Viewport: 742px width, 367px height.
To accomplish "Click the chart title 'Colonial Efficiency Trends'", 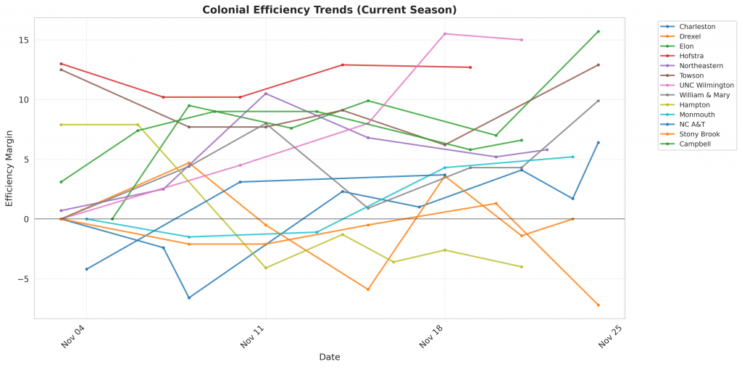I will coord(330,10).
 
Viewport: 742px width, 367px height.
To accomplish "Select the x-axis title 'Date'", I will coord(330,357).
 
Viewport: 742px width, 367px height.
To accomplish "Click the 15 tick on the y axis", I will coord(24,40).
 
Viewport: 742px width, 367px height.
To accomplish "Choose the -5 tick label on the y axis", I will coord(22,279).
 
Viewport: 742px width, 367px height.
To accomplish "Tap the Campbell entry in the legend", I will coord(693,144).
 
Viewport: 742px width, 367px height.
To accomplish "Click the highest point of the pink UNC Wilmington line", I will coord(445,33).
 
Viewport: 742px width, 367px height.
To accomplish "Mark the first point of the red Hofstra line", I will coord(61,64).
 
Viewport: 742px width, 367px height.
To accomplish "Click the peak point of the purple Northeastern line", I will coord(266,94).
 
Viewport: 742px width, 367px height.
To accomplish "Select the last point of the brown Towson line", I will coord(599,65).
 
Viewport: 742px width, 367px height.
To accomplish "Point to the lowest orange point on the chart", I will coord(599,305).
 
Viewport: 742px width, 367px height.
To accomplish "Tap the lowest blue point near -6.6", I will coord(189,297).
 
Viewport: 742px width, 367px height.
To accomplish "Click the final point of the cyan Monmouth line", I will coord(572,157).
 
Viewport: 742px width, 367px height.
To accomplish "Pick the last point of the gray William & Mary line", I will coord(599,101).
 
